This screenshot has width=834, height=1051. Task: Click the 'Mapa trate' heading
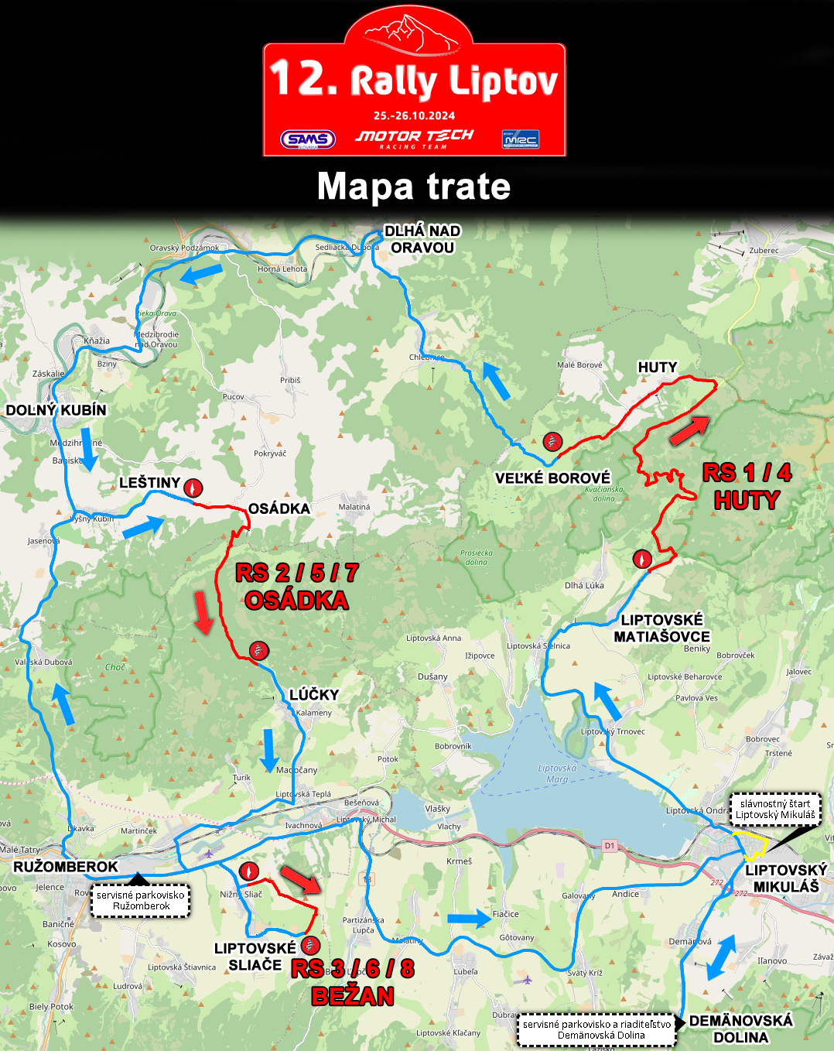click(x=414, y=187)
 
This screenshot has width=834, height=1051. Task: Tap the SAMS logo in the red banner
click(x=308, y=139)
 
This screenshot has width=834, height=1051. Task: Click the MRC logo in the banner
click(x=520, y=139)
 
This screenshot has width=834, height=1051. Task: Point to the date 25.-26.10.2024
click(x=414, y=116)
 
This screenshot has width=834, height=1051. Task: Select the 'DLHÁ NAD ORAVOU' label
click(x=422, y=239)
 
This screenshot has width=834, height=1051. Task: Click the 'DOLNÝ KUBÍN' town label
click(x=56, y=410)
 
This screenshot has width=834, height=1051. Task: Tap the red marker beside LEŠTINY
click(x=193, y=488)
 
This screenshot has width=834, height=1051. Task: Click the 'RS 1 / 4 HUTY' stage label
click(x=747, y=487)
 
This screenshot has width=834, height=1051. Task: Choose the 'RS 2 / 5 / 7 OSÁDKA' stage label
click(x=297, y=587)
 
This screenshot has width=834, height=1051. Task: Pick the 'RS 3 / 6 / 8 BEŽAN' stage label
click(x=353, y=982)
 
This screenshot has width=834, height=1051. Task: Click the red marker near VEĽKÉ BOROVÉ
click(x=552, y=442)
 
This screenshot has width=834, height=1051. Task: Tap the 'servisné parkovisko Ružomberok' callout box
click(x=141, y=901)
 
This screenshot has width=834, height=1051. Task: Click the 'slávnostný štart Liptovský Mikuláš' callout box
click(x=775, y=809)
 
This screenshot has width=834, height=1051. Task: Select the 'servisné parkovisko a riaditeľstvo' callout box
click(x=596, y=1029)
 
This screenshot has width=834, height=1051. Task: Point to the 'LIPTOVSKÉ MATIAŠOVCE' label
click(x=662, y=628)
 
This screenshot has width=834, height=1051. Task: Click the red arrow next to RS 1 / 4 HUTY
click(x=689, y=430)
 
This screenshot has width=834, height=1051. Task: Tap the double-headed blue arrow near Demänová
click(x=720, y=958)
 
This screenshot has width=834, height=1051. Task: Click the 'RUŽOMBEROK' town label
click(x=66, y=867)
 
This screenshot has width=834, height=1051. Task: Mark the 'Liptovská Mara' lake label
click(x=557, y=774)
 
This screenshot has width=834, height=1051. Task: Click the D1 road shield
click(x=610, y=846)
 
